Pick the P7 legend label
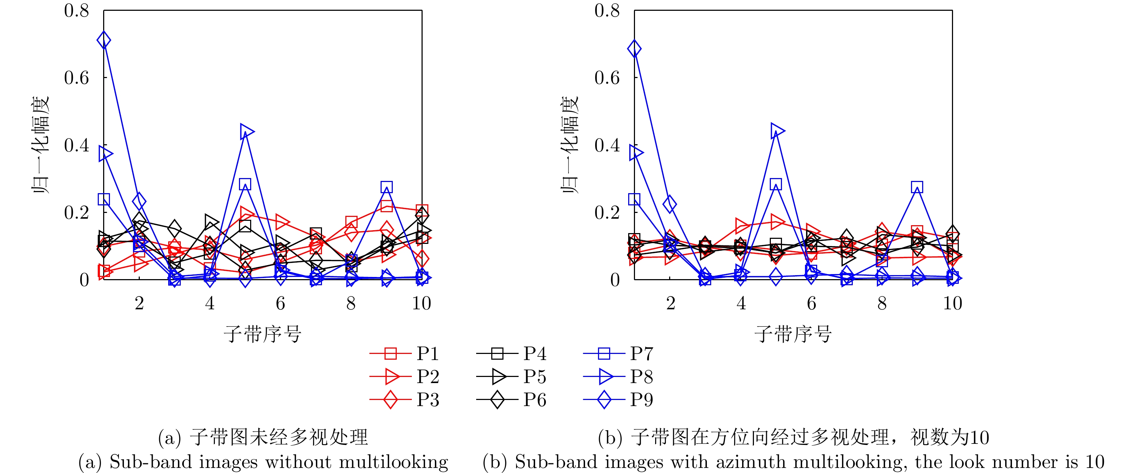[x=641, y=354]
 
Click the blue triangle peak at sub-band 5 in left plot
[x=247, y=131]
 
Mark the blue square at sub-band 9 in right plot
[x=917, y=187]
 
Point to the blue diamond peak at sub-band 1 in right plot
[x=634, y=49]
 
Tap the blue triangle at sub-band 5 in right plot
[x=777, y=130]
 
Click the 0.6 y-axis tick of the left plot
[x=77, y=78]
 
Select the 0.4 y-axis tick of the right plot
[x=607, y=145]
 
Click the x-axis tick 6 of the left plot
[x=280, y=303]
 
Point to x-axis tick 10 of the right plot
[x=952, y=303]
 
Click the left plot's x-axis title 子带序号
[x=262, y=334]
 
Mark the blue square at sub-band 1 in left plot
[x=104, y=199]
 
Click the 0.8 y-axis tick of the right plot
[x=607, y=10]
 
